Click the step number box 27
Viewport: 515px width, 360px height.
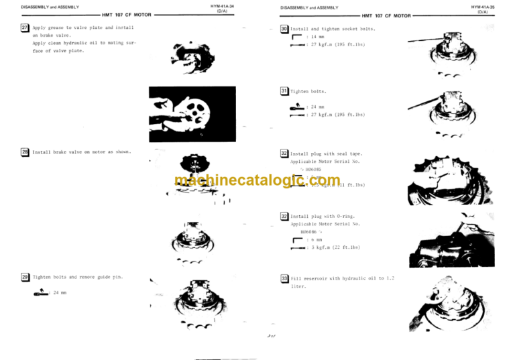click(25, 27)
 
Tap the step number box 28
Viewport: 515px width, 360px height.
click(25, 152)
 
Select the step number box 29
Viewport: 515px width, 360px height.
click(25, 277)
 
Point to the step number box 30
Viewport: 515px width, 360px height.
click(285, 29)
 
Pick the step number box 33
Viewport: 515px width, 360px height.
click(285, 278)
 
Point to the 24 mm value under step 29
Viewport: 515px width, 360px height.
click(60, 292)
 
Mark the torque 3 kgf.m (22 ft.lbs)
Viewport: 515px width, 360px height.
click(335, 247)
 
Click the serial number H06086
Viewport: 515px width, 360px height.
click(310, 231)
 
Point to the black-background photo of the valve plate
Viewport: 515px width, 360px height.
click(192, 114)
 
